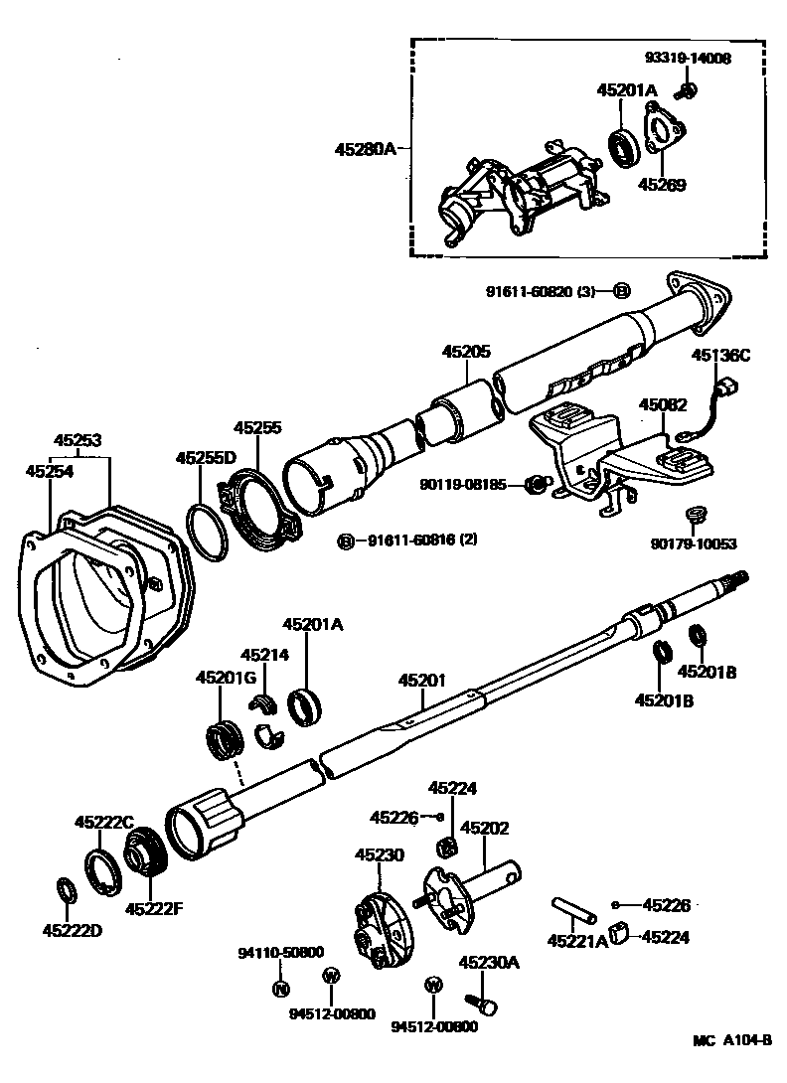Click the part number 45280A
[x=367, y=149]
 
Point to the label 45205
[x=466, y=352]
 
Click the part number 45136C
[x=721, y=354]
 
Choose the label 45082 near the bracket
[x=663, y=404]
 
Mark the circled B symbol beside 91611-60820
[x=621, y=291]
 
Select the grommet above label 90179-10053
[x=695, y=515]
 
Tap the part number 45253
[x=78, y=440]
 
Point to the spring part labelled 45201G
[x=226, y=739]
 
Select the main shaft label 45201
[x=422, y=681]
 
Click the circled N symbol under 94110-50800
[x=280, y=988]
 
